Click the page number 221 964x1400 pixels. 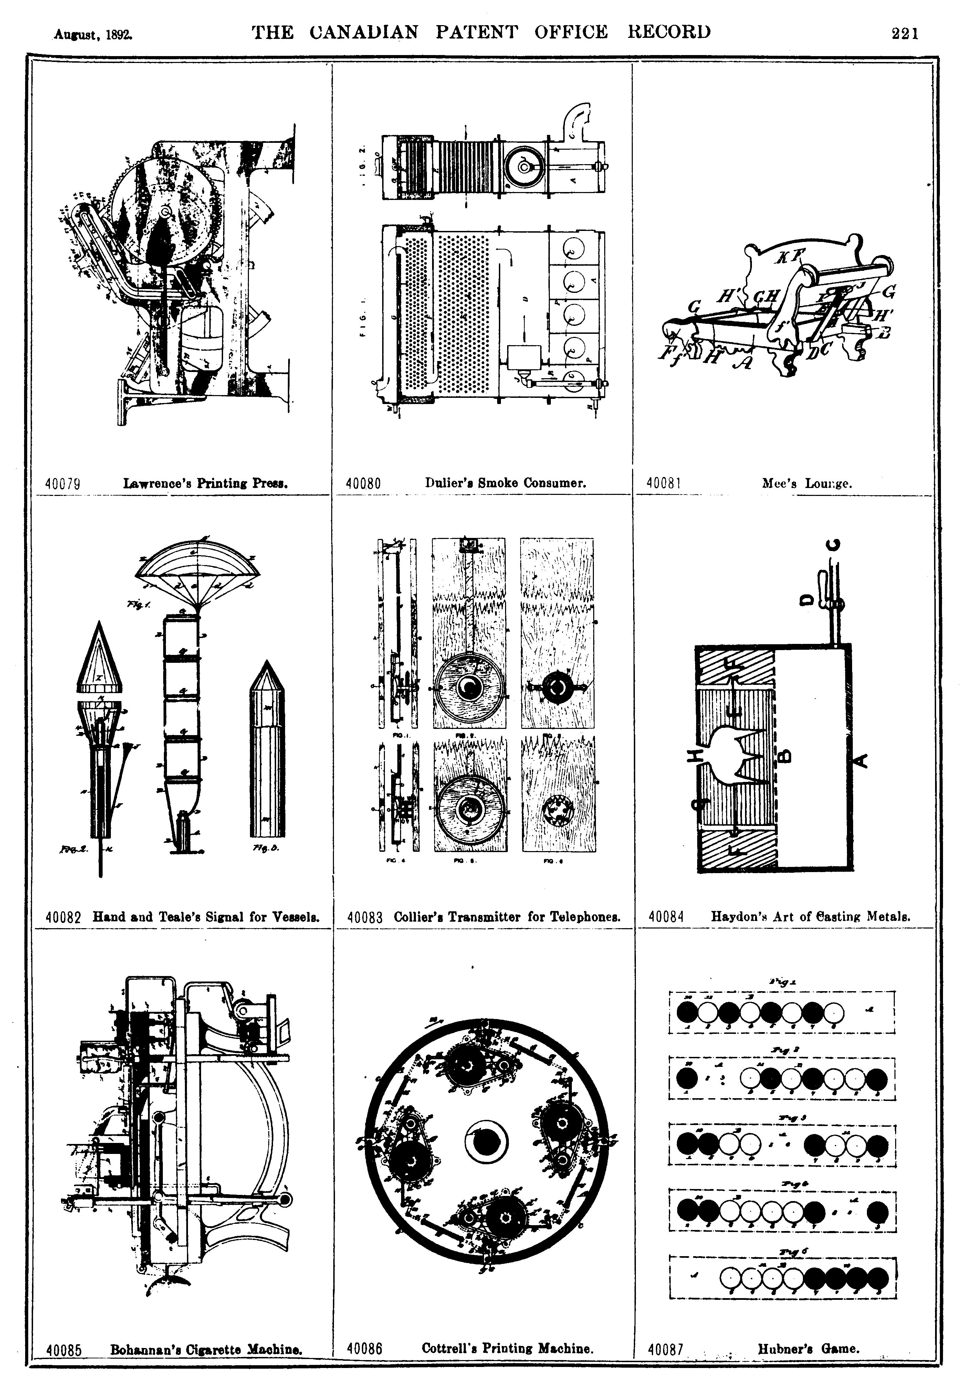pyautogui.click(x=904, y=33)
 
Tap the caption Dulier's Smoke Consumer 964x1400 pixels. pyautogui.click(x=505, y=483)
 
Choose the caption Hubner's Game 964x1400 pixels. pyautogui.click(x=808, y=1348)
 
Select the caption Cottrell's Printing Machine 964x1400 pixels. pyautogui.click(x=507, y=1348)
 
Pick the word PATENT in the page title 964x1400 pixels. pyautogui.click(x=476, y=32)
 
